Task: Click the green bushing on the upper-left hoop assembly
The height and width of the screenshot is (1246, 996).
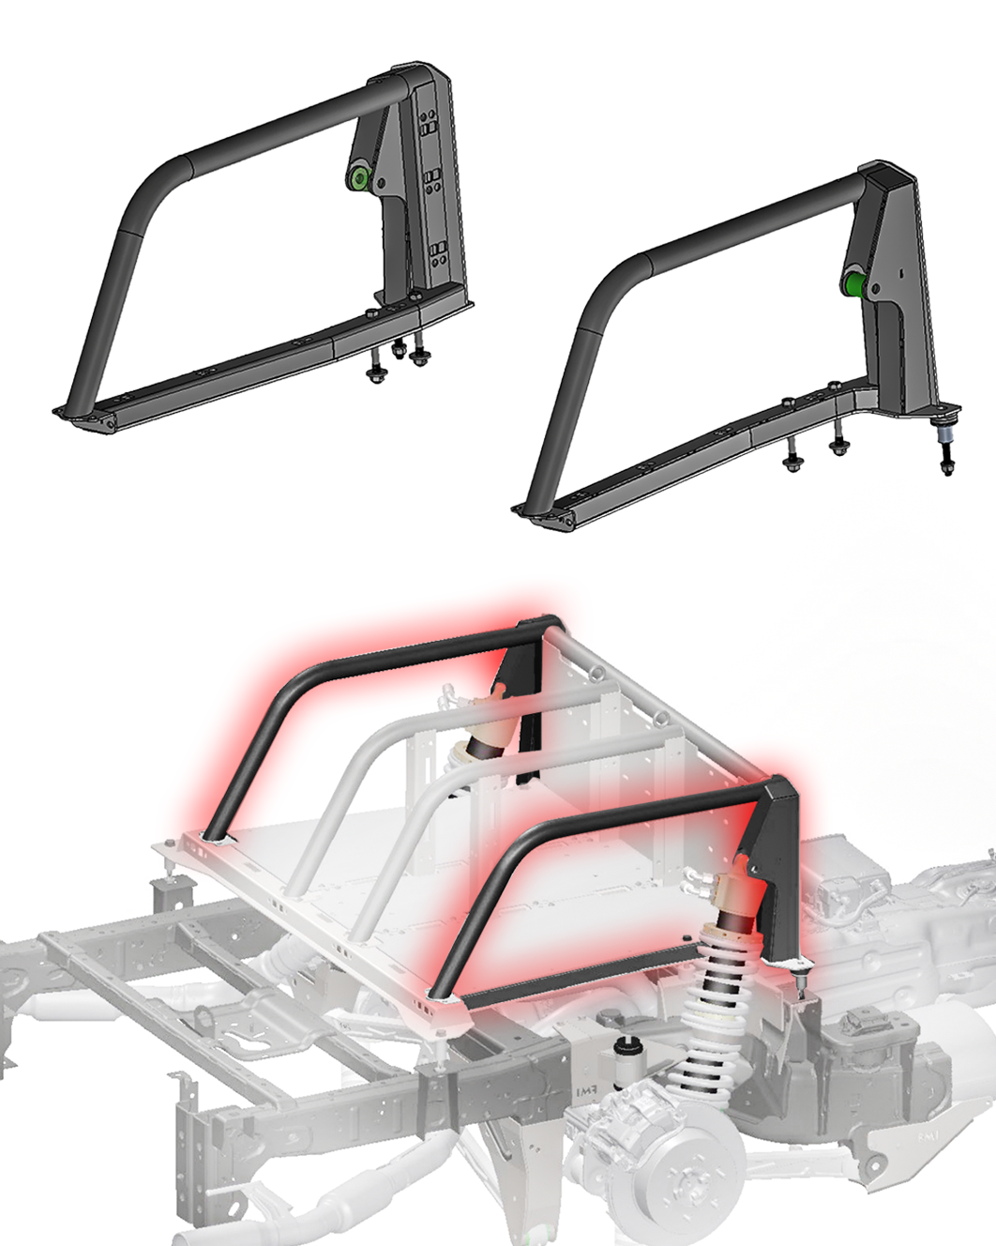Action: (358, 179)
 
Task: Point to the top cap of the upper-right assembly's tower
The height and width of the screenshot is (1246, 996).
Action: (886, 173)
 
